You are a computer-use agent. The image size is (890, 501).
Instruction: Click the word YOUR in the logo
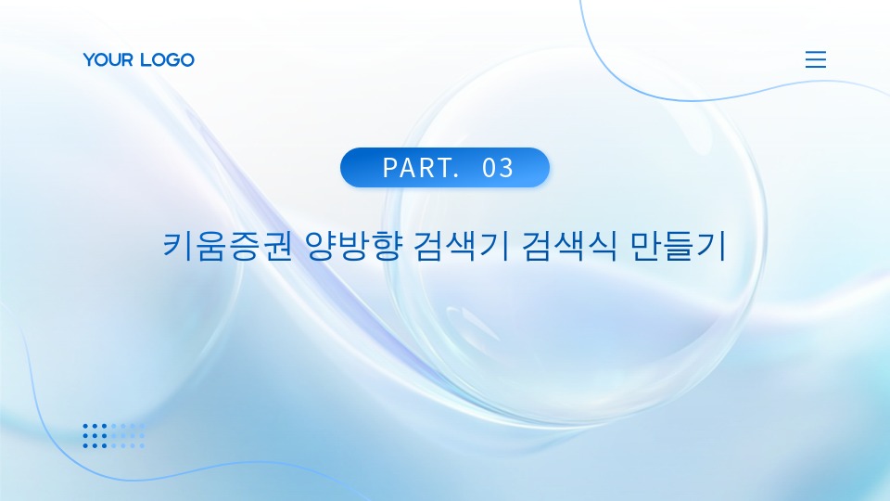(108, 59)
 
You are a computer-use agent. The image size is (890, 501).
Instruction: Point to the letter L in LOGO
(146, 59)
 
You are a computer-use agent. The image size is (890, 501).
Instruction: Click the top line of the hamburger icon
(816, 52)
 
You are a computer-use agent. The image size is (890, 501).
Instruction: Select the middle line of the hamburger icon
(816, 59)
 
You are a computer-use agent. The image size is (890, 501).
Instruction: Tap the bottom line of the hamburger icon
(816, 67)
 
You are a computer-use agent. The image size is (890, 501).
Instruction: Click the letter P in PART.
(390, 168)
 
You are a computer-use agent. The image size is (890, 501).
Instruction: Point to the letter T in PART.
(444, 168)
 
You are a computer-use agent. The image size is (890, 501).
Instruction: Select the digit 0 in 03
(489, 168)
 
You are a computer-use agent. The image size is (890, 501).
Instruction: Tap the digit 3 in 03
(506, 168)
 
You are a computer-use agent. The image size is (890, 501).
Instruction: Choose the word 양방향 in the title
(353, 245)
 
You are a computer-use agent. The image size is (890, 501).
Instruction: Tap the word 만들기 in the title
(679, 245)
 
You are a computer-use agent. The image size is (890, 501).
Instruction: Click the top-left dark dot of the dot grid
(85, 426)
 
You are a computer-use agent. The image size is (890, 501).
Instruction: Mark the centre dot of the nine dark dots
(95, 436)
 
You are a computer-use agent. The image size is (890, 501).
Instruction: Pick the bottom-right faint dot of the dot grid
(142, 445)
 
